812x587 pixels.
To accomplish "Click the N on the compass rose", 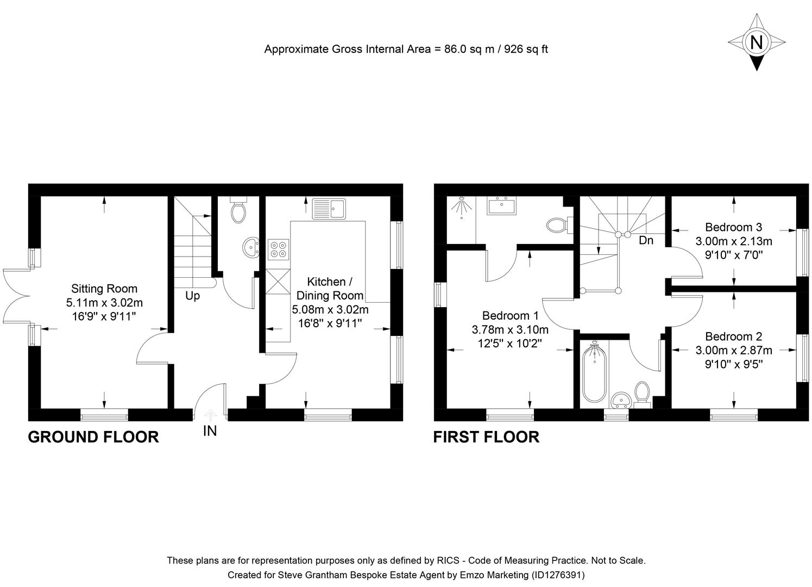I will point(756,42).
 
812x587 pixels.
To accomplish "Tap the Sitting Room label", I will point(104,289).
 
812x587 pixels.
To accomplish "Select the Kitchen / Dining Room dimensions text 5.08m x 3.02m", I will point(330,310).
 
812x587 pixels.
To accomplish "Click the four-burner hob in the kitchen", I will point(278,248).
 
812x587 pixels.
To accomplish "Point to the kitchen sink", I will point(329,209).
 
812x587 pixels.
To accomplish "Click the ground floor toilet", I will point(238,211).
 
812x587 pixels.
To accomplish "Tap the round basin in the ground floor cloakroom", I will point(251,247).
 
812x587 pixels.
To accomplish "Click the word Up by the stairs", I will point(192,296).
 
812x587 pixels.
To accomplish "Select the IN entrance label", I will point(210,431).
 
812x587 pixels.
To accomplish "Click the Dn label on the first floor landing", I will point(646,240).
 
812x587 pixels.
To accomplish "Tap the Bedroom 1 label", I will point(510,315).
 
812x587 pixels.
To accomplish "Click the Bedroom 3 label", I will point(733,227).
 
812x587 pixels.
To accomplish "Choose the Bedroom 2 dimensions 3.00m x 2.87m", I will point(733,351).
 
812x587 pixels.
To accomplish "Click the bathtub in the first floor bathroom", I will point(593,372).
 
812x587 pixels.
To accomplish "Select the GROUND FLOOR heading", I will point(93,437).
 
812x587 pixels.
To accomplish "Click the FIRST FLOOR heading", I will point(486,437).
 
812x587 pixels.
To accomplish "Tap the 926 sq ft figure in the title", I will point(526,49).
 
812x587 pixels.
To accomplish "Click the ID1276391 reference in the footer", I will point(558,574).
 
